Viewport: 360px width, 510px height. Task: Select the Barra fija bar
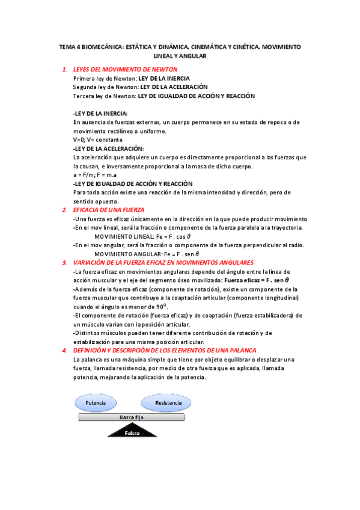(x=132, y=416)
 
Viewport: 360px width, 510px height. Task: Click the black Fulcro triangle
(x=131, y=429)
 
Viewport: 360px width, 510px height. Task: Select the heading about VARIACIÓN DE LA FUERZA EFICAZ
(x=162, y=262)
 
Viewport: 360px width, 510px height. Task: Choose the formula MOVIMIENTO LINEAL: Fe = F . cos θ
(x=156, y=236)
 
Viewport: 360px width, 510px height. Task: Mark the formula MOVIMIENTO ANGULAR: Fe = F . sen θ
(x=158, y=254)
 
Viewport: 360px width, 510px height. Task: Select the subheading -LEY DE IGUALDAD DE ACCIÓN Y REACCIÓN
(x=132, y=183)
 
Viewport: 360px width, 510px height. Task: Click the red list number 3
(x=64, y=262)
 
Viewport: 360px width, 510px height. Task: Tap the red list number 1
(x=64, y=70)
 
